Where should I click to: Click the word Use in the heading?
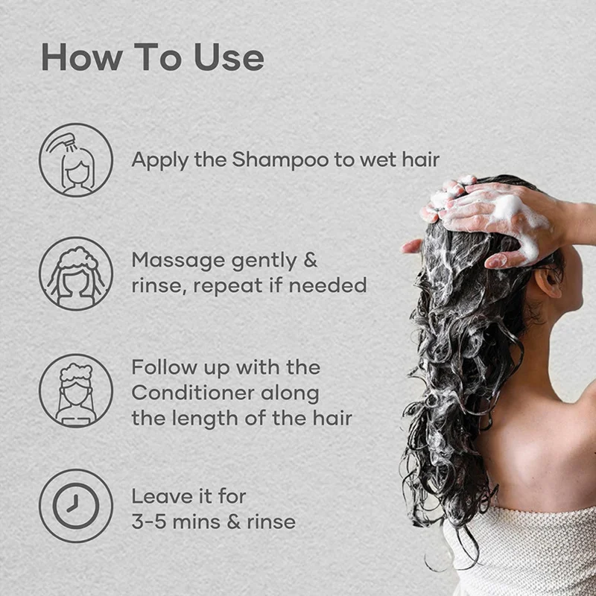click(x=229, y=57)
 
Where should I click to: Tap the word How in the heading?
click(x=81, y=57)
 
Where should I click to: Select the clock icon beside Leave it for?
click(x=76, y=506)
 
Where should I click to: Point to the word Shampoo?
click(x=281, y=160)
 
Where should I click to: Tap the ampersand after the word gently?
click(x=310, y=260)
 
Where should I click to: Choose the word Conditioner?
click(x=193, y=393)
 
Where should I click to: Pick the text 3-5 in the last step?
click(x=149, y=521)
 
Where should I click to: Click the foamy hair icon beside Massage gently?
click(x=76, y=273)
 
